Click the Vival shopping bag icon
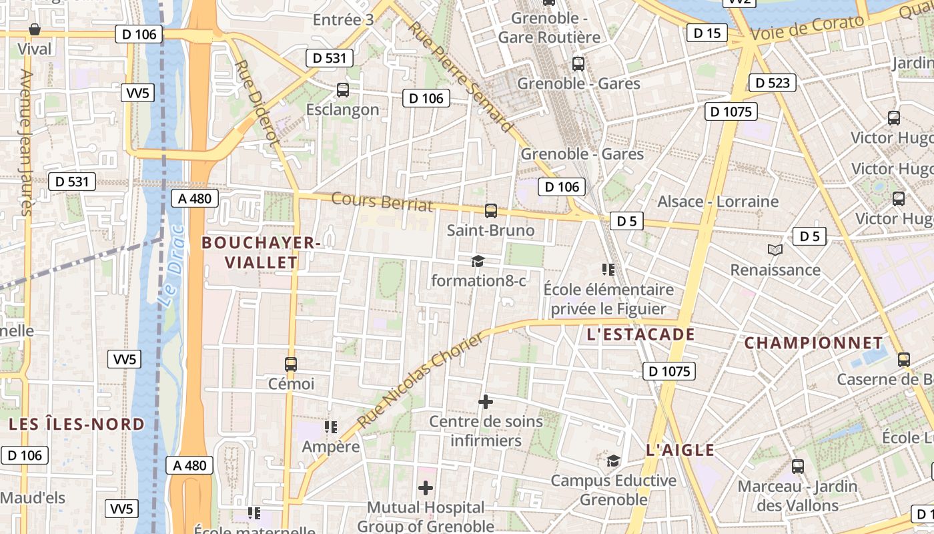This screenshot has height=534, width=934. click(34, 29)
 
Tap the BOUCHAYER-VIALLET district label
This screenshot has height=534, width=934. click(261, 252)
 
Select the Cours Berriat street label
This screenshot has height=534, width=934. click(382, 202)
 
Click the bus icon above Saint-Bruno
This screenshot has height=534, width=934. click(491, 211)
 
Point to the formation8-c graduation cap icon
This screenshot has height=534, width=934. click(478, 261)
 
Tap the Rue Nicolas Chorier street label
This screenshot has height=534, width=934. click(420, 380)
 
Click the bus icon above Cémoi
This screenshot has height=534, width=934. click(291, 364)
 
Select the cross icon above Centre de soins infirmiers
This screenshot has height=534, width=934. click(486, 402)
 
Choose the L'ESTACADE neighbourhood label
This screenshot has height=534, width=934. click(640, 334)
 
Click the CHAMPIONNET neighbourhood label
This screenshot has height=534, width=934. click(813, 343)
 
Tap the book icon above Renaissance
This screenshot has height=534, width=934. click(775, 250)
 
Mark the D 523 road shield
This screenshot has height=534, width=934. click(773, 83)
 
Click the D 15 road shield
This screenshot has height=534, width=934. click(707, 33)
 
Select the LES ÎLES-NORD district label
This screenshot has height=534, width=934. click(77, 424)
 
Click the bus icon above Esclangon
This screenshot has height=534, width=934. click(343, 89)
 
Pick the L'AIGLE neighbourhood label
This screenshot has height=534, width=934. click(680, 450)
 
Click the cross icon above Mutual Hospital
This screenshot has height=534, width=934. click(425, 488)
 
